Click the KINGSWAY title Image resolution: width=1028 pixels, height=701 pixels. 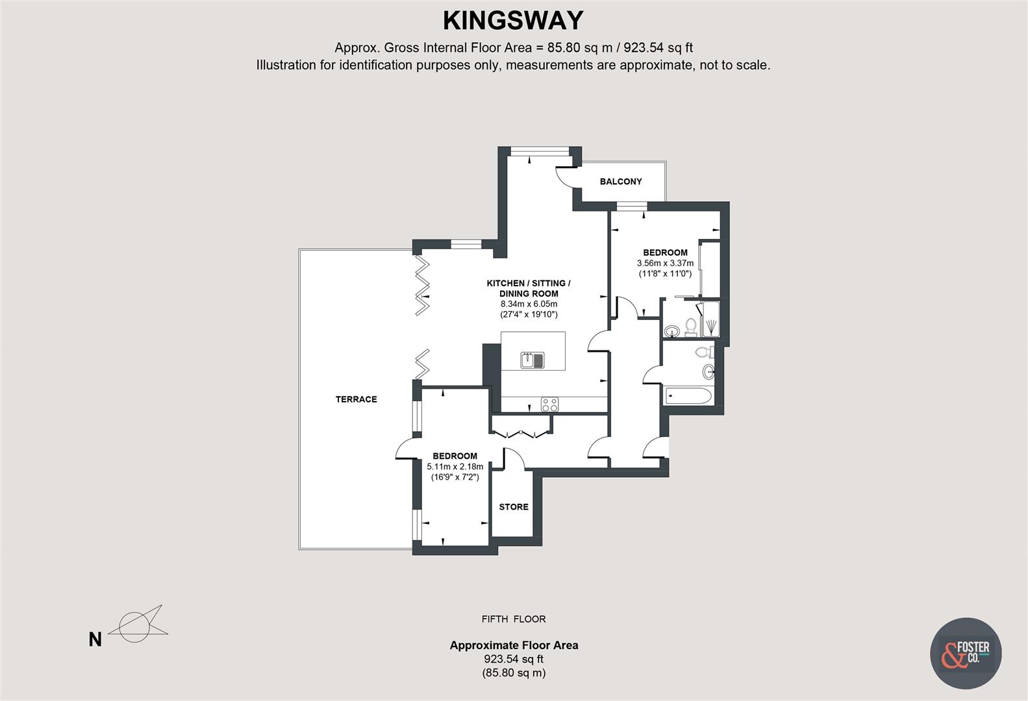[513, 21]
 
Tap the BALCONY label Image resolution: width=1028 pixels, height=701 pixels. [620, 182]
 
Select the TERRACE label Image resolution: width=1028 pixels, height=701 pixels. [356, 399]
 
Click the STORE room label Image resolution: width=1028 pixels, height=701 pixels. [514, 507]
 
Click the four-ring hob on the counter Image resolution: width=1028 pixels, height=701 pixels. [549, 404]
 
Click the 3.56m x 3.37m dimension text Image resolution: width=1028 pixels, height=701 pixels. [665, 264]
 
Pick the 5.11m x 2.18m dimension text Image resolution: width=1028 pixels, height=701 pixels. [455, 467]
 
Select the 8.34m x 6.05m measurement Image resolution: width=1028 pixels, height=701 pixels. [529, 304]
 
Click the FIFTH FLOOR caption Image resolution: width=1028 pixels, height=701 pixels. [514, 619]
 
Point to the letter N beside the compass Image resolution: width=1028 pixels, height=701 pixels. [95, 640]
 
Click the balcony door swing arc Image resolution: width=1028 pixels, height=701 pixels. [562, 177]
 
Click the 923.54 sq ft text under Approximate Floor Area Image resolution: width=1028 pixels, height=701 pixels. [514, 659]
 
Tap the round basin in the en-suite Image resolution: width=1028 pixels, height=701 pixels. [672, 331]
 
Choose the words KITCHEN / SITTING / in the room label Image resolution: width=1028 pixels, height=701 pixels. [529, 283]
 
